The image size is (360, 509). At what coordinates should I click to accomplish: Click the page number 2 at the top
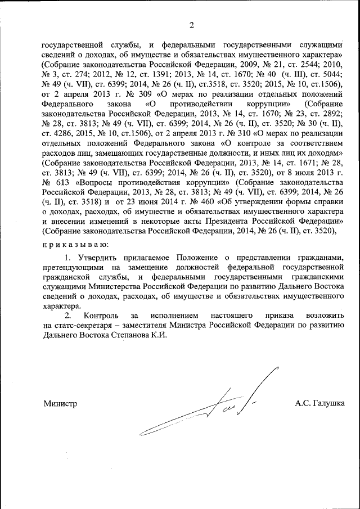[191, 25]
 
